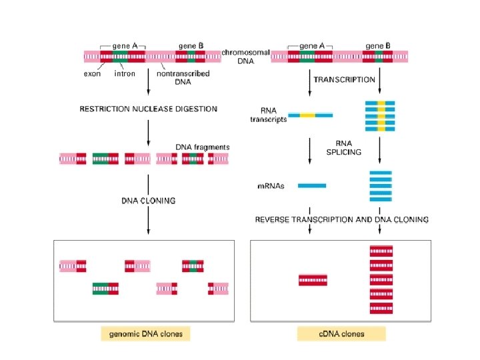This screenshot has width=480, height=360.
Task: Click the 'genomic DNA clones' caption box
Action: click(145, 333)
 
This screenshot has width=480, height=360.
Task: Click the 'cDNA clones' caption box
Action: click(341, 333)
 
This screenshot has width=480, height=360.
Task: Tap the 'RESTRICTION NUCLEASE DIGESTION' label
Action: click(148, 109)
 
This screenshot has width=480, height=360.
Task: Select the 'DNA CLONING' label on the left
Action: click(148, 200)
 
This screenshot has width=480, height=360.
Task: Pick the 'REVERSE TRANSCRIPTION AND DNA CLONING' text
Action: click(342, 219)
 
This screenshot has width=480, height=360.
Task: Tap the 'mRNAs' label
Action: click(271, 186)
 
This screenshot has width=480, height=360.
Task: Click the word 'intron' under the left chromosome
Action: click(125, 73)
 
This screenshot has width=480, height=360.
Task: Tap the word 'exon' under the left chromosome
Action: click(93, 73)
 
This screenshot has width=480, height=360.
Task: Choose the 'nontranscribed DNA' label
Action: click(183, 78)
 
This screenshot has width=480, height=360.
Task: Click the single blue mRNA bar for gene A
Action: click(311, 185)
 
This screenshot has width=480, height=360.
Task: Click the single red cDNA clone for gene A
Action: click(313, 280)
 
